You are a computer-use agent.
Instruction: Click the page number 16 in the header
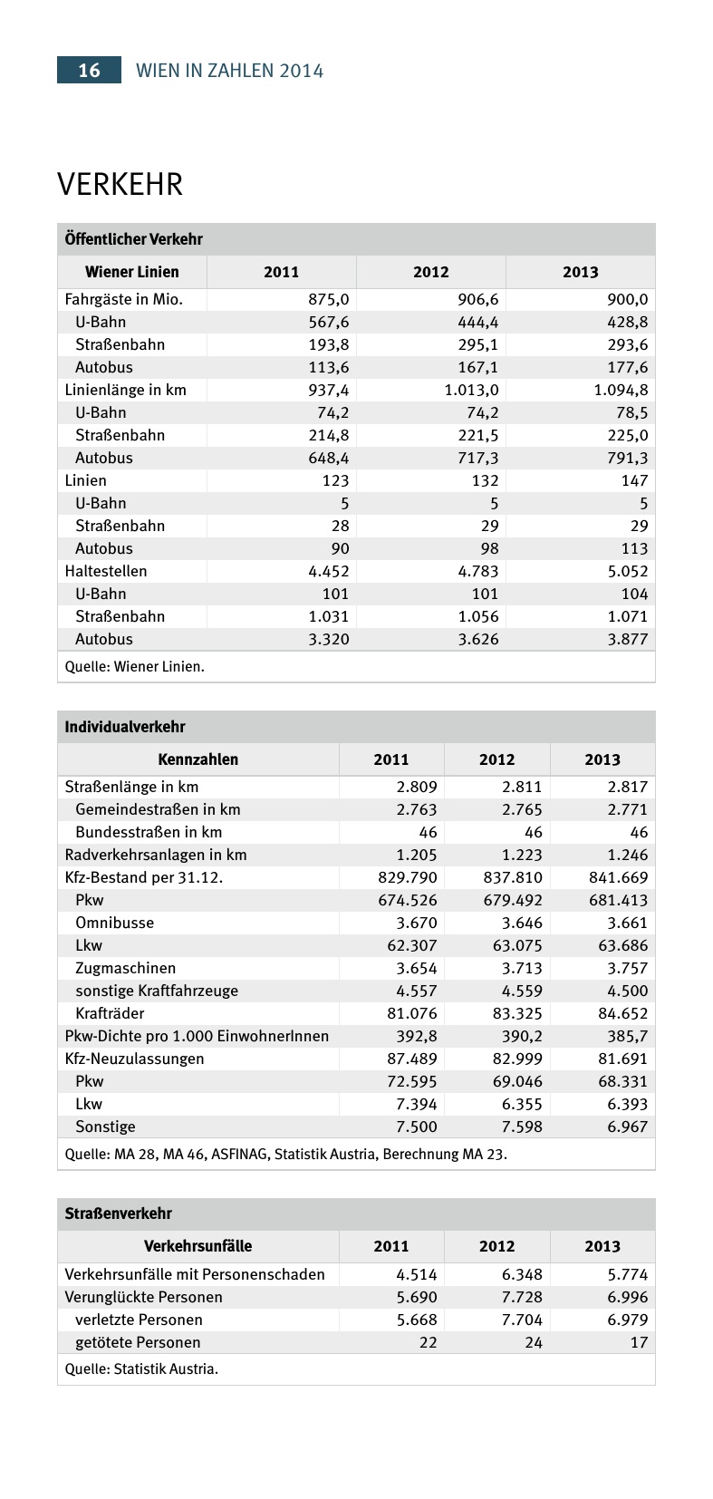coord(89,71)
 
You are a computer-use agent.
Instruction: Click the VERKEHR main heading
coord(120,184)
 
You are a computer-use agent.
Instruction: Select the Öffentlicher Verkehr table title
coord(133,239)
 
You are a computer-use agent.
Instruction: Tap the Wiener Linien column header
coord(132,272)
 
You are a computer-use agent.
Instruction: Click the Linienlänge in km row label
coord(125,390)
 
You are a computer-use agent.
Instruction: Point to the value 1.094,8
coord(621,390)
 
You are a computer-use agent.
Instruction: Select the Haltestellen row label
coord(105,571)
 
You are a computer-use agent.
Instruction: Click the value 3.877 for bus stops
coord(628,639)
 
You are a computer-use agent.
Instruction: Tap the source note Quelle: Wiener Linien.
coord(134,667)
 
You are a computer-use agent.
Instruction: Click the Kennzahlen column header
coord(198,759)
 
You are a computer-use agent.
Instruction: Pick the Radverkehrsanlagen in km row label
coord(155,855)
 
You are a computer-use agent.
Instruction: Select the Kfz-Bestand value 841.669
coord(615,877)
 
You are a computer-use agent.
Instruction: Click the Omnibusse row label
coord(114,923)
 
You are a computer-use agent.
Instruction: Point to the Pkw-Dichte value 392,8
coord(416,1036)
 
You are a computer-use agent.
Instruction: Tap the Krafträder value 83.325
coord(516,1013)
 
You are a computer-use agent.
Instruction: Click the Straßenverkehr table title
coord(118,1214)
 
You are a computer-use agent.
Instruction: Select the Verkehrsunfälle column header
coord(198,1246)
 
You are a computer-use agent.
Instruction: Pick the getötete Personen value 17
coord(639,1342)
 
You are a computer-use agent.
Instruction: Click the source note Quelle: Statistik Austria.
coord(141,1368)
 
